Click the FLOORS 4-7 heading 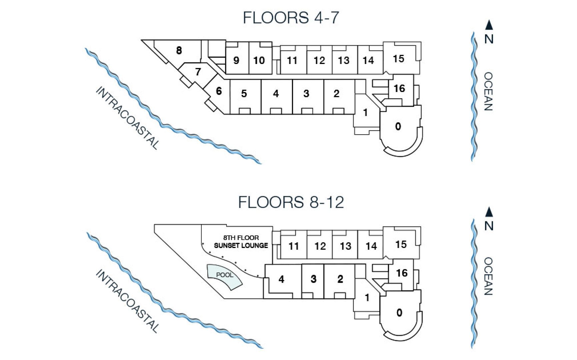[x=291, y=18]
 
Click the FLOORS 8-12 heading [x=291, y=202]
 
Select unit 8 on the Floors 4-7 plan [x=179, y=51]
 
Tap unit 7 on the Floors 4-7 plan [x=198, y=72]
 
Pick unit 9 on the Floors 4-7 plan [x=236, y=60]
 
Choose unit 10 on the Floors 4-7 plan [x=259, y=60]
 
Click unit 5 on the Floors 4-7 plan [x=244, y=94]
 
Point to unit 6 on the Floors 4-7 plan [x=219, y=91]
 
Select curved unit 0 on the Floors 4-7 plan [x=398, y=127]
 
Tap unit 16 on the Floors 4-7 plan [x=399, y=89]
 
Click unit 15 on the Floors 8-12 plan [x=401, y=244]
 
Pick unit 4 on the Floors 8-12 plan [x=281, y=279]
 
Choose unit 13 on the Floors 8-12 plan [x=345, y=246]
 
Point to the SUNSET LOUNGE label [x=241, y=246]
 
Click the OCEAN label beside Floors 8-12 [x=488, y=276]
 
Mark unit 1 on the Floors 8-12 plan [x=367, y=298]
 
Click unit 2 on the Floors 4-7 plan [x=337, y=94]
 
